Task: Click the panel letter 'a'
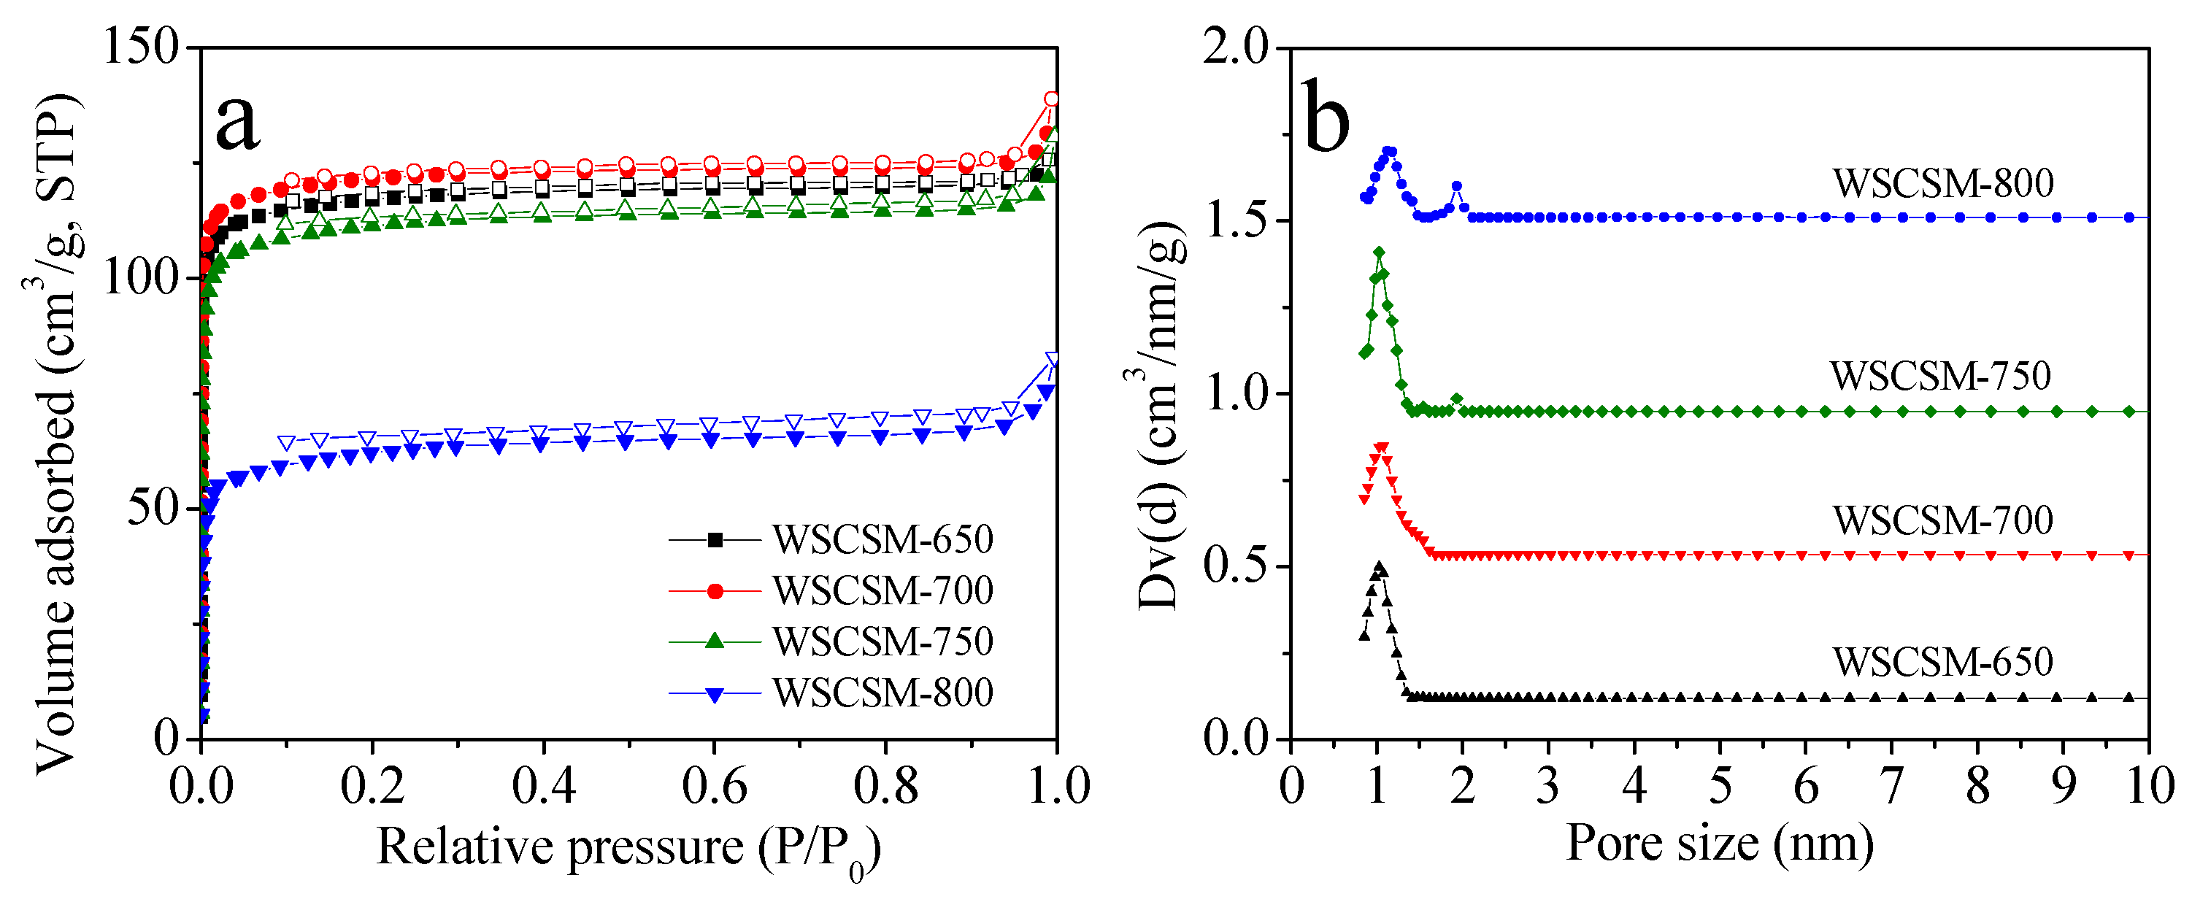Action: click(x=236, y=122)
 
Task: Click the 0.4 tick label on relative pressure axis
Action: click(x=543, y=785)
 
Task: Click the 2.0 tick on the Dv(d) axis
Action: click(x=1235, y=46)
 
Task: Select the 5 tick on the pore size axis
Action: click(x=1720, y=785)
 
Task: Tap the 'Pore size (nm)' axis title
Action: click(x=1719, y=844)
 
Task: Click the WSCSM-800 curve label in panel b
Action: click(x=1942, y=183)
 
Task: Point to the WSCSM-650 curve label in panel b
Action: click(x=1942, y=662)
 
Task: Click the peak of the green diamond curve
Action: click(x=1379, y=253)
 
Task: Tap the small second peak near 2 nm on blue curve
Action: click(x=1457, y=186)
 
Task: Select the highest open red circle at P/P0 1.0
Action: click(x=1052, y=99)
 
